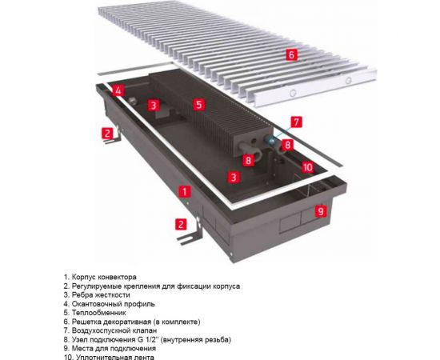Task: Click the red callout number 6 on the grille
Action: (291, 55)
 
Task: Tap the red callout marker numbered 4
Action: (118, 90)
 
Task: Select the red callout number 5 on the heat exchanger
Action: (199, 104)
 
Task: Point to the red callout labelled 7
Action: (297, 122)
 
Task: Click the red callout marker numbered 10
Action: (308, 166)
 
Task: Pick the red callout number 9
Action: (320, 212)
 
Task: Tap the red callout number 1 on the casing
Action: (185, 191)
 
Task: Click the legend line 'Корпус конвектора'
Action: (104, 276)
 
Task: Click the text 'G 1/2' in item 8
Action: (150, 339)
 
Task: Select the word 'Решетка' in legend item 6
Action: (87, 322)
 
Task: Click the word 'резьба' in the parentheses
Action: (221, 339)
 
